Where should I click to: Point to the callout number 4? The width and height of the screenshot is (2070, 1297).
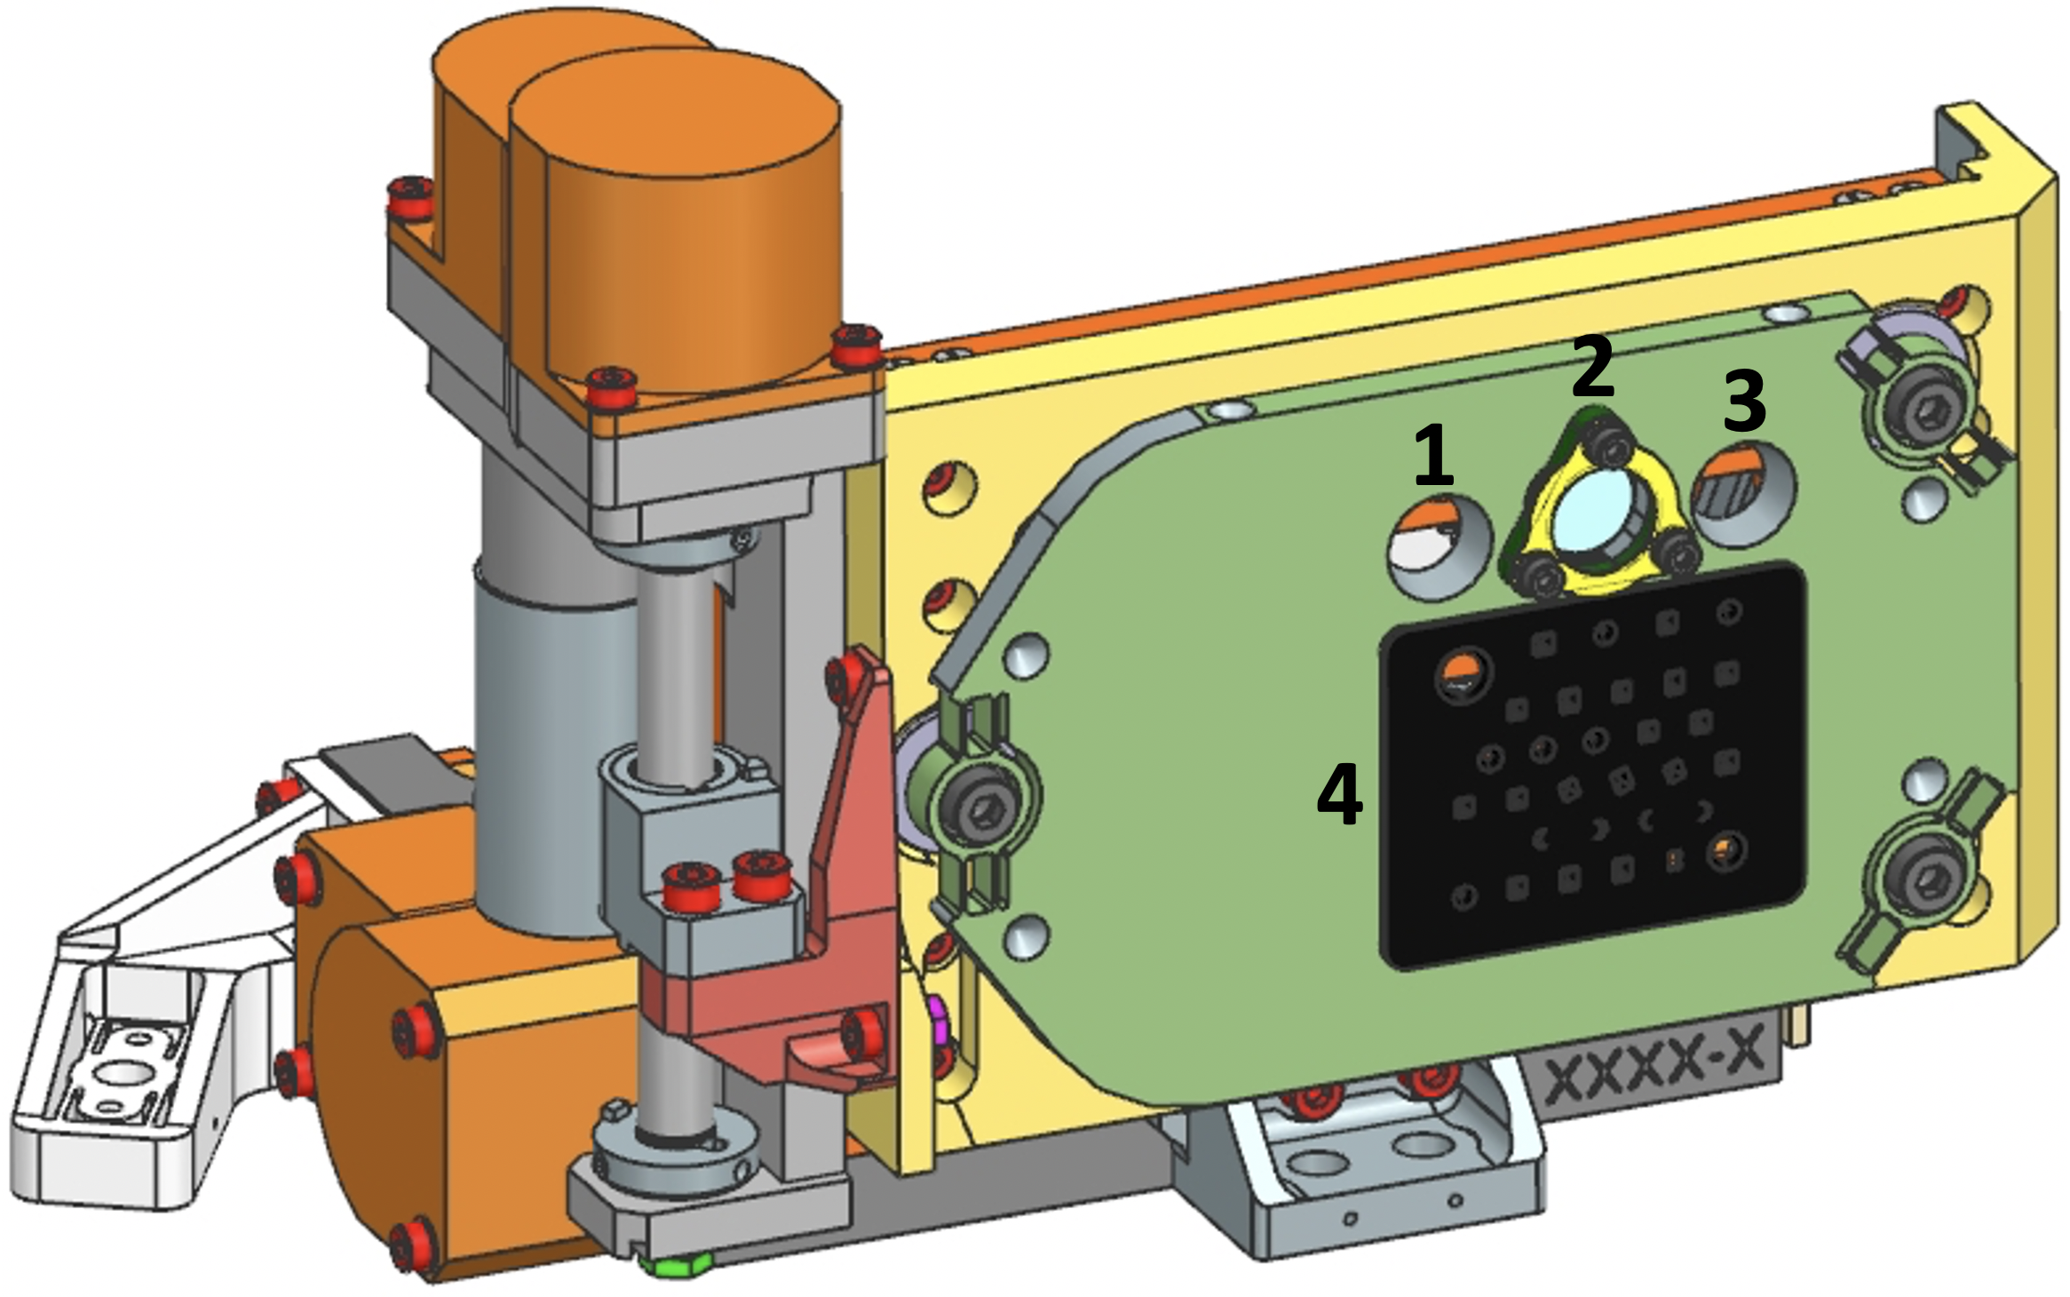click(1339, 796)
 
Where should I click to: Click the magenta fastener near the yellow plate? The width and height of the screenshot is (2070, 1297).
click(934, 1013)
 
